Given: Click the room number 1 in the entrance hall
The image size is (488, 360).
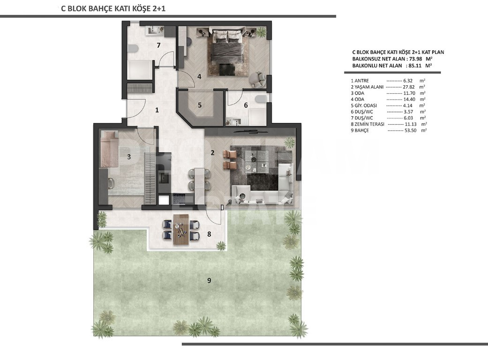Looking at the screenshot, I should [158, 110].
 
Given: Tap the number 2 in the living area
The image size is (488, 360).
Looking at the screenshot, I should [212, 152].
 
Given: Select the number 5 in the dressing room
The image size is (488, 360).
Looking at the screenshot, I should [199, 105].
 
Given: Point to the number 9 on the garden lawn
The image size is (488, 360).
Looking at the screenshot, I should [209, 280].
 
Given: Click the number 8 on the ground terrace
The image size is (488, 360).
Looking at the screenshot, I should [209, 233].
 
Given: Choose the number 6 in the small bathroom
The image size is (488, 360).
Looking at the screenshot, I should [245, 105].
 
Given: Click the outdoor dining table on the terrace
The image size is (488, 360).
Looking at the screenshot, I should [180, 230].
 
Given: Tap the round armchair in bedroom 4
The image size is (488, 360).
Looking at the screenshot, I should [257, 79].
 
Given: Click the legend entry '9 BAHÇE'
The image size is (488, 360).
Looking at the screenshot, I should [357, 131].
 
